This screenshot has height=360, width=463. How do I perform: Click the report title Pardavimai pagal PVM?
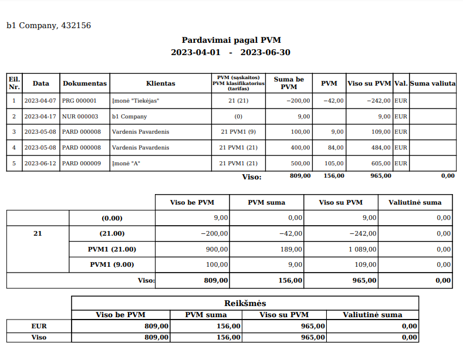(x=231, y=40)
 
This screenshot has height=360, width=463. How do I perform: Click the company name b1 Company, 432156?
(x=49, y=26)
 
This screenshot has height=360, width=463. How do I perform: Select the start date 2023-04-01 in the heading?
(x=195, y=52)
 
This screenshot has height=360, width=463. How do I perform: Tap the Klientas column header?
(x=160, y=83)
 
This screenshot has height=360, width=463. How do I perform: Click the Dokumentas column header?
(x=85, y=83)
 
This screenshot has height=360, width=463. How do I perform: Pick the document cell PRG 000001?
(x=79, y=101)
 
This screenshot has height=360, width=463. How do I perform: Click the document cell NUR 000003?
(x=80, y=117)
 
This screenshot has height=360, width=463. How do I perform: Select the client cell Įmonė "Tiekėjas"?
(x=136, y=101)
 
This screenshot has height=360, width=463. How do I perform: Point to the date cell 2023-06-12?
(x=40, y=163)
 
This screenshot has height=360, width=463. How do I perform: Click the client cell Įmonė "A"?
(x=126, y=163)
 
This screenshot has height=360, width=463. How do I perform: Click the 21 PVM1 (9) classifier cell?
(x=238, y=132)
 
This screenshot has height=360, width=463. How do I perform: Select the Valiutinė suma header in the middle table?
(x=415, y=202)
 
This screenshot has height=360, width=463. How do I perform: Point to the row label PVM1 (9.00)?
(x=113, y=264)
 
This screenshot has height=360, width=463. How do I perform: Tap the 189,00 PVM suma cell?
(x=292, y=249)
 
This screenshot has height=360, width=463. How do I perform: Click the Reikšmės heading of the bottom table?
(x=245, y=303)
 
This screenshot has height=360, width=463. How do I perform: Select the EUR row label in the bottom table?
(x=39, y=326)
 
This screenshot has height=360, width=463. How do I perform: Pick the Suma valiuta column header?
(x=432, y=83)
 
